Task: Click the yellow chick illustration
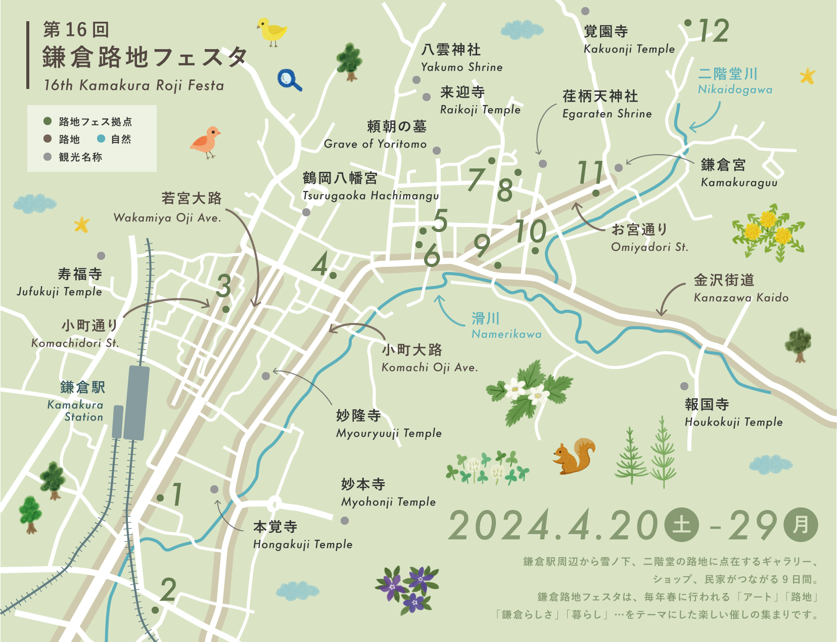point(271,31)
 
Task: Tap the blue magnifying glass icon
point(289,80)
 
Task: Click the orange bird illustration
point(206,141)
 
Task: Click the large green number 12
point(714,31)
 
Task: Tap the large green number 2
point(168,589)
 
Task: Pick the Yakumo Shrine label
point(461,58)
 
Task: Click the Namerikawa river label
point(505,326)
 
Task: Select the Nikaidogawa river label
point(734,81)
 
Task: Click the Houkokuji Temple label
point(733,412)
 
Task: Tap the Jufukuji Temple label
point(60,282)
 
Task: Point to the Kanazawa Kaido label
point(740,288)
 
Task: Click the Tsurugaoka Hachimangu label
point(370,187)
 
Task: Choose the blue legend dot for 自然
point(101,139)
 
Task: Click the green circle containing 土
point(681,525)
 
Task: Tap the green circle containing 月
point(801,525)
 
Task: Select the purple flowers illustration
point(407,588)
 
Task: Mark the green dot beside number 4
point(333,276)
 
